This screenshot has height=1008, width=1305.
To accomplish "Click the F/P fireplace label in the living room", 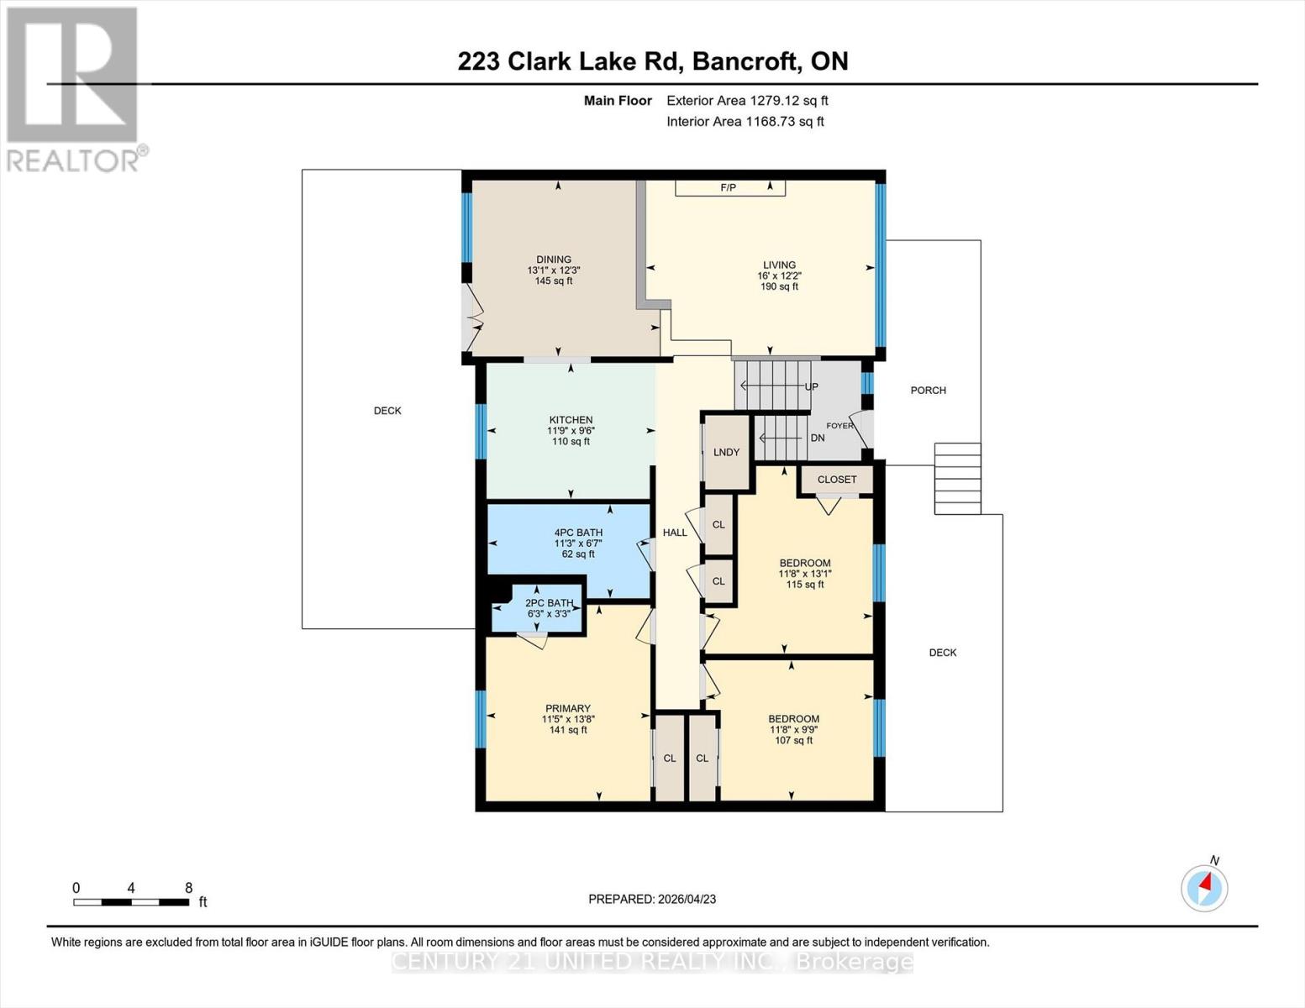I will pos(728,187).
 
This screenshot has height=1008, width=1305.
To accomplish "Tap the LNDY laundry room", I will pos(726,452).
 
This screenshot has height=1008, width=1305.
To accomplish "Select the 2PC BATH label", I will pos(549,603).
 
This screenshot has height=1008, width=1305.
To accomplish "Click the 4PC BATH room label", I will pos(578,533).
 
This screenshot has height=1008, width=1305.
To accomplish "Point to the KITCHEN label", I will pos(571,420).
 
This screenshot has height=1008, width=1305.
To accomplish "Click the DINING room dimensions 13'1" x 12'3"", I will pos(554,270).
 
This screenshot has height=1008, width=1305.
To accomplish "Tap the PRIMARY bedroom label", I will pos(568,708).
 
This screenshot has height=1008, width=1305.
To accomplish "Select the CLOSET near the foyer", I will pos(836,480).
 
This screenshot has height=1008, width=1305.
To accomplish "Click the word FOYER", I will pos(839,426).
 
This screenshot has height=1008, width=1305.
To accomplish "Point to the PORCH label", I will pos(928,391).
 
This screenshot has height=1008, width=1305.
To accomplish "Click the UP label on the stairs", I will pos(811,387).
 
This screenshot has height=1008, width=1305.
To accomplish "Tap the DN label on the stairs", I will pos(817,438).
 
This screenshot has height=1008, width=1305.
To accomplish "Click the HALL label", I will pos(675,533).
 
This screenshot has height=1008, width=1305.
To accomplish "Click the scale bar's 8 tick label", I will pos(188,888).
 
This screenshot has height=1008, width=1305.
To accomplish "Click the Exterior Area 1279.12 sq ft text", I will pos(747,101).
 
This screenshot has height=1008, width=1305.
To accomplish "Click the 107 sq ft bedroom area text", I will pos(793,741).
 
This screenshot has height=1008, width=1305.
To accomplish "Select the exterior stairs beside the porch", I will pos(957,478).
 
